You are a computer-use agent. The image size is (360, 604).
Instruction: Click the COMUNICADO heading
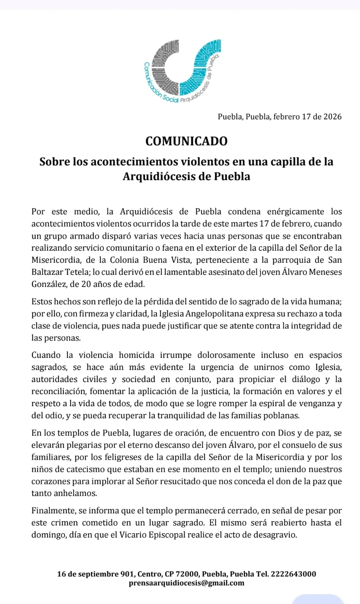coord(186,141)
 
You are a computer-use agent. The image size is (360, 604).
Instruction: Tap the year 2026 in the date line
coord(332,117)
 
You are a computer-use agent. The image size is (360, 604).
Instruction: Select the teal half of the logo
coord(200,68)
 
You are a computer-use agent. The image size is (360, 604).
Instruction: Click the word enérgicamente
coord(295,212)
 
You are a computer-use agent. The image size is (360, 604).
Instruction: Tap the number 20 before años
coord(86,284)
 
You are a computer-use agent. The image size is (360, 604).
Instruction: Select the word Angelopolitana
coord(215,314)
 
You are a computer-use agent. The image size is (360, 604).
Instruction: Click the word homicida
coord(137,355)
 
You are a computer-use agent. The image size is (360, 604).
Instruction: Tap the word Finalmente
coord(54,511)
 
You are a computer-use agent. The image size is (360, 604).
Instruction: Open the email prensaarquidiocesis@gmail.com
coord(186,583)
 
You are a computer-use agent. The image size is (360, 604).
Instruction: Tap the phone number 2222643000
coord(293,574)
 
